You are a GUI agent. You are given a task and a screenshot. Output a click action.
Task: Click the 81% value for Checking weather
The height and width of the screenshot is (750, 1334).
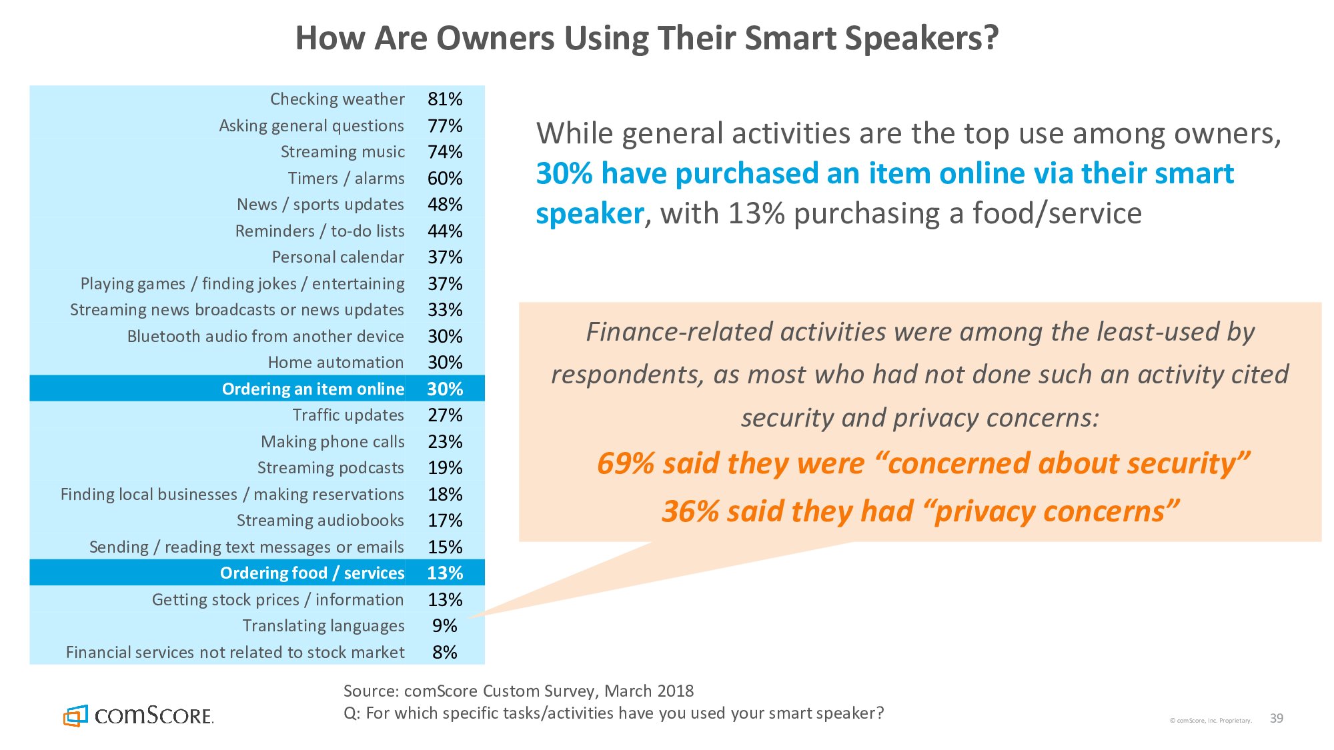pyautogui.click(x=445, y=99)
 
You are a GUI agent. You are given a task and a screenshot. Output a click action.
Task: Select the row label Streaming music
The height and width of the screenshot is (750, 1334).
pyautogui.click(x=342, y=152)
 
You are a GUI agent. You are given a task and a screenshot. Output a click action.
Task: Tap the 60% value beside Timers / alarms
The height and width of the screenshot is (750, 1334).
pyautogui.click(x=445, y=179)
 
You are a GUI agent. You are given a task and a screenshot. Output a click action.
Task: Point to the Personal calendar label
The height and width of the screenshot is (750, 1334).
pyautogui.click(x=338, y=257)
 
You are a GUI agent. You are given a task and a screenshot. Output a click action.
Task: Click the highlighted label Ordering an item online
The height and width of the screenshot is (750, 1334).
pyautogui.click(x=313, y=389)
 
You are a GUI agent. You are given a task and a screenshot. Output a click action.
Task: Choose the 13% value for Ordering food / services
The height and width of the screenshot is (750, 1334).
pyautogui.click(x=445, y=573)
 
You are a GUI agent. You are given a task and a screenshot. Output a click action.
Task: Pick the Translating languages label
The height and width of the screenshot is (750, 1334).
pyautogui.click(x=323, y=626)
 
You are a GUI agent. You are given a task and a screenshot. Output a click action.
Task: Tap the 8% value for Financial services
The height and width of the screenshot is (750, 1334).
pyautogui.click(x=444, y=652)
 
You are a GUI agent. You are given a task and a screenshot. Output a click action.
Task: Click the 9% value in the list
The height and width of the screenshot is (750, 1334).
pyautogui.click(x=444, y=626)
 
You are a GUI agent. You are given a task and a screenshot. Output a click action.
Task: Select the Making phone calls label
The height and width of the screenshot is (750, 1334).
pyautogui.click(x=332, y=442)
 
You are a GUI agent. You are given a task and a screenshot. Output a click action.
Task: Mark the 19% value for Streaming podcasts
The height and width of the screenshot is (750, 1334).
pyautogui.click(x=445, y=468)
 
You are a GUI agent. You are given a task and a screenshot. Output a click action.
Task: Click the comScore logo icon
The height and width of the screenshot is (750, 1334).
pyautogui.click(x=75, y=716)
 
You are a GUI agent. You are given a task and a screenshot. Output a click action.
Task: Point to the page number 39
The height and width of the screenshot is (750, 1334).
pyautogui.click(x=1276, y=719)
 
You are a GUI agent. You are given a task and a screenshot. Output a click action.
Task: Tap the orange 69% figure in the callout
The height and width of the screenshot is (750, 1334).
pyautogui.click(x=625, y=463)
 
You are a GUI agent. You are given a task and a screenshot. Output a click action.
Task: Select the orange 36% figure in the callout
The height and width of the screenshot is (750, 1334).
pyautogui.click(x=690, y=512)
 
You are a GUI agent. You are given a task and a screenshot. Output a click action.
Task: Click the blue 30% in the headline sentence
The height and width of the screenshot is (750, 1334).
pyautogui.click(x=564, y=174)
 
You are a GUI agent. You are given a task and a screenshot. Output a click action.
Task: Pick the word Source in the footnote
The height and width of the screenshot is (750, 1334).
pyautogui.click(x=370, y=691)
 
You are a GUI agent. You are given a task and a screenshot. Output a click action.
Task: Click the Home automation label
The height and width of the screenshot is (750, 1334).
pyautogui.click(x=336, y=363)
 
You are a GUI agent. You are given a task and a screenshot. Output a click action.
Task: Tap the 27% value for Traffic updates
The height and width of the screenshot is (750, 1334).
pyautogui.click(x=445, y=415)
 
